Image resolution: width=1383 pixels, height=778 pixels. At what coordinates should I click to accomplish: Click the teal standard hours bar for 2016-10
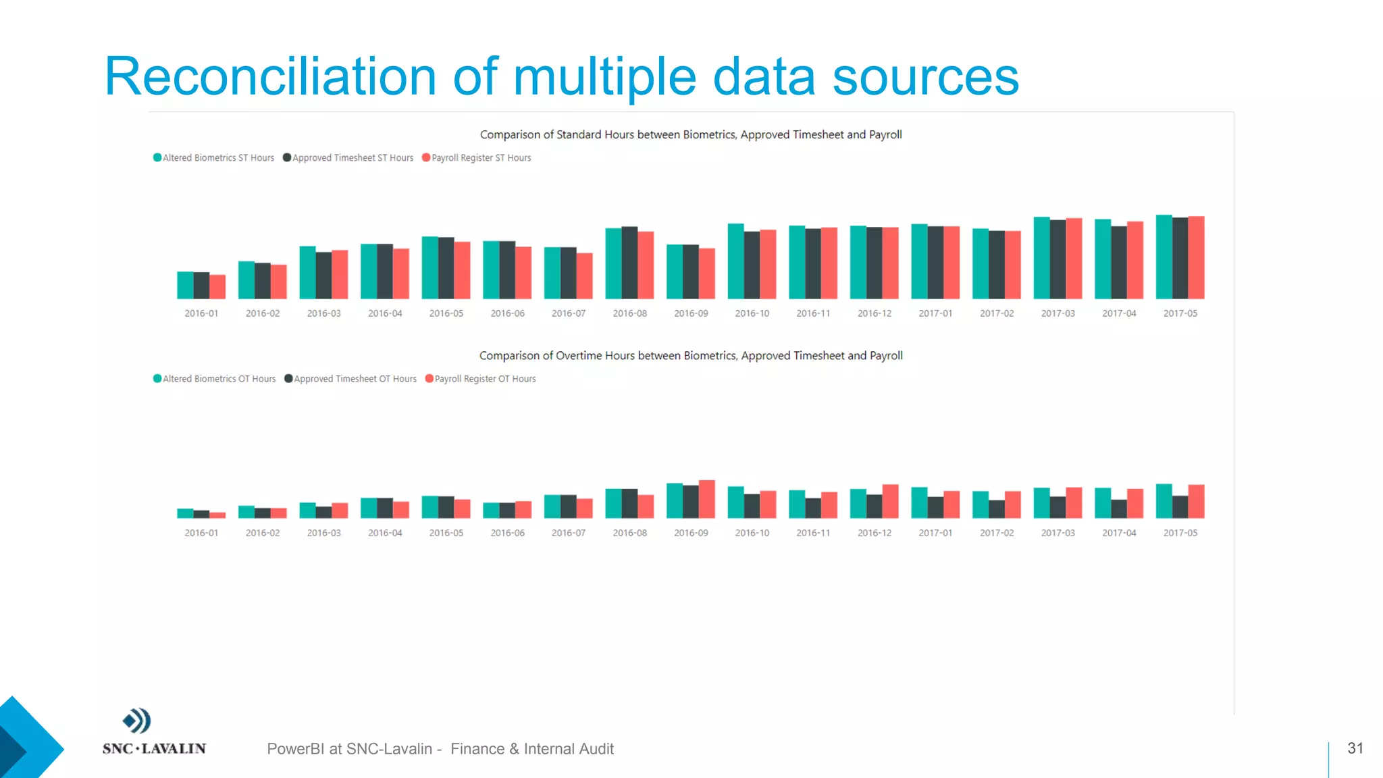point(735,261)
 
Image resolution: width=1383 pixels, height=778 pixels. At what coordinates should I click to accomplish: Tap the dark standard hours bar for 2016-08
point(629,263)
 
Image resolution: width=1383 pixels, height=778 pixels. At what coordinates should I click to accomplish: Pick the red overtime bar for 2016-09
point(706,499)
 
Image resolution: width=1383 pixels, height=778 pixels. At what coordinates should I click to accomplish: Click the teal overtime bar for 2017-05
point(1164,501)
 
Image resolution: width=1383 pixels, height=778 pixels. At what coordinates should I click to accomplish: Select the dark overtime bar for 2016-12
point(874,507)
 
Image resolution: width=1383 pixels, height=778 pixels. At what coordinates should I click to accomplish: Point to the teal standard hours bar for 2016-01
point(185,285)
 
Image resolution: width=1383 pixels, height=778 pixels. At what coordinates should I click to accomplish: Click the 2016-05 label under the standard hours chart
point(446,313)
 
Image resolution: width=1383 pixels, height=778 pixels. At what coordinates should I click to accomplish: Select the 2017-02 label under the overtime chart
point(997,533)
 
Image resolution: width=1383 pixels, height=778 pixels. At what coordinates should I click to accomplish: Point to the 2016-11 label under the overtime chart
point(813,533)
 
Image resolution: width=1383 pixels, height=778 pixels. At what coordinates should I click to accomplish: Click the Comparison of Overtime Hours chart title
point(691,356)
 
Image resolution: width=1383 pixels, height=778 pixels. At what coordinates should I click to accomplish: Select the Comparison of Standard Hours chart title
point(691,135)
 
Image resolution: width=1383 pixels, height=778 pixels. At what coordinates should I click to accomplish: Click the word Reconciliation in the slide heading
point(270,76)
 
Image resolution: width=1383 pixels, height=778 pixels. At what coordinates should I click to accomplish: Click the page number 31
point(1355,748)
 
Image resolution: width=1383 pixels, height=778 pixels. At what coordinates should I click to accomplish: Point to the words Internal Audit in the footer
point(569,749)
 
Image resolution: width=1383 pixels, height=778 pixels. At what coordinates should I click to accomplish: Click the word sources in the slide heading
point(925,76)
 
